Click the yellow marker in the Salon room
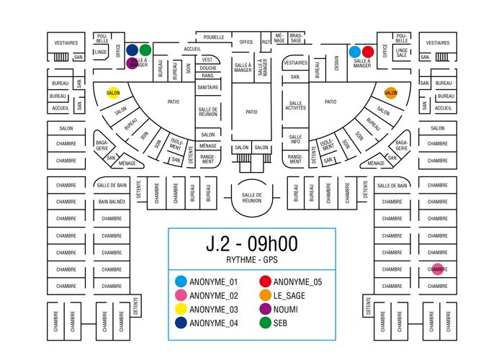[113, 93]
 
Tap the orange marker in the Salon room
[391, 93]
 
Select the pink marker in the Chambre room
[437, 269]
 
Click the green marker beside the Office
[145, 50]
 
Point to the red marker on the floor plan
[368, 52]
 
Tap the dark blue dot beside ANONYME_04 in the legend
[181, 323]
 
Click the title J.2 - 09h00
[251, 244]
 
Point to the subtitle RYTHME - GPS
[251, 261]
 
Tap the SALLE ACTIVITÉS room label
[295, 106]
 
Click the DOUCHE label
[207, 67]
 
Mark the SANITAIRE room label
[207, 87]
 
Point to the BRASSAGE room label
[296, 37]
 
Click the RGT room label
[266, 42]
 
